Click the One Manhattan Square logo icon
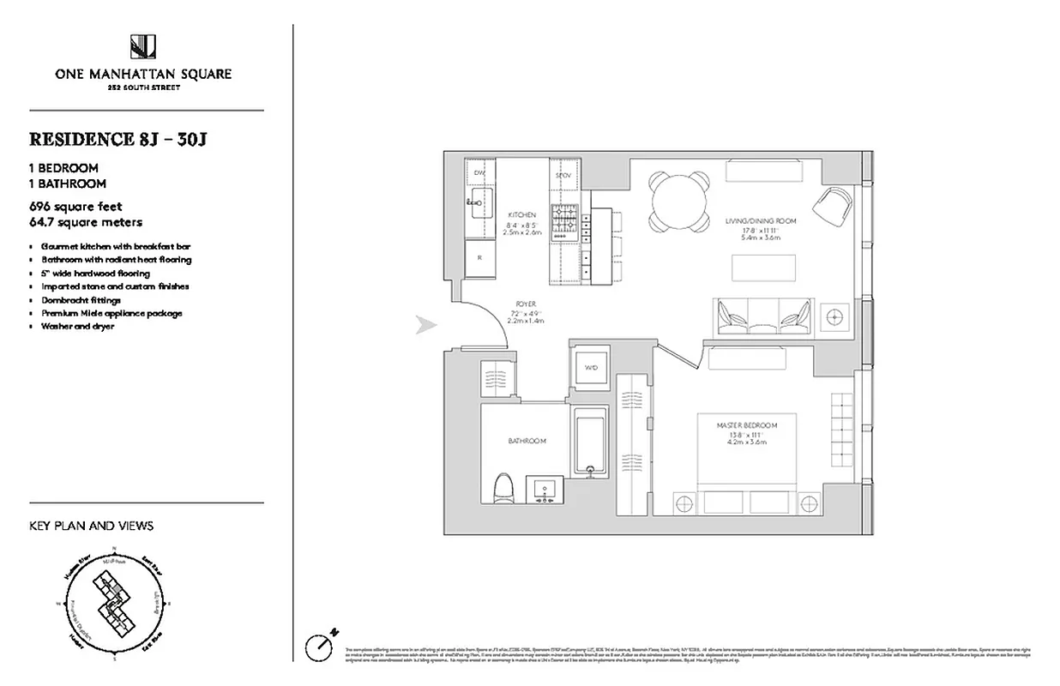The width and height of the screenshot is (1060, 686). [143, 46]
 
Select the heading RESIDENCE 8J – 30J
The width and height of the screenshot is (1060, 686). [118, 139]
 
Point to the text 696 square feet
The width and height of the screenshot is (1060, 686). [75, 207]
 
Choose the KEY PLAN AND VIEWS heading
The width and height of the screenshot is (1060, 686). [92, 526]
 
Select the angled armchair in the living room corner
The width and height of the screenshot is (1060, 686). [831, 205]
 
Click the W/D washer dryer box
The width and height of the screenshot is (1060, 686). [591, 368]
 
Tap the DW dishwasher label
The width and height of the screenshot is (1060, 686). [479, 173]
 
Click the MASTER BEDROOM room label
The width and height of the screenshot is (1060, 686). [748, 425]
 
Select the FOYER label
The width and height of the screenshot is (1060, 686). [527, 303]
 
